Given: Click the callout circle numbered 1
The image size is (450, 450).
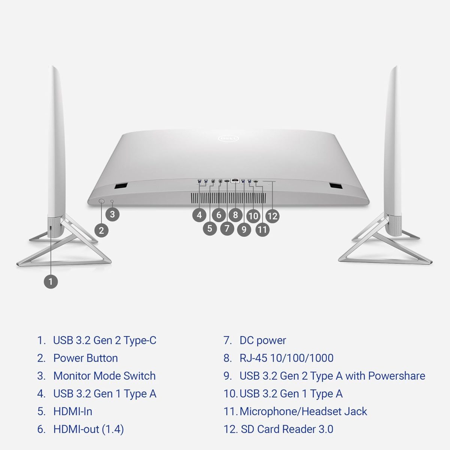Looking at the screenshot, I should click(51, 281).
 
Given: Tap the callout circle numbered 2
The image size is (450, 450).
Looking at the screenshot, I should click(101, 230).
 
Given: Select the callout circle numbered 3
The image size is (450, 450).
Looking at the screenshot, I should click(112, 214).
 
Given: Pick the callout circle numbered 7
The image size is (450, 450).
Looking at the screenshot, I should click(227, 228).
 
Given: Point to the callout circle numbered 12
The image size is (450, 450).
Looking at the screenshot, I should click(272, 216).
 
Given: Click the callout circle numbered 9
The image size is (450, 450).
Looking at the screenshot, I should click(244, 229).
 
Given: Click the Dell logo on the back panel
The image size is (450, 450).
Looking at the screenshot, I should click(228, 139).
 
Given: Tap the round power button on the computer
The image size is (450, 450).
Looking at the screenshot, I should click(102, 201).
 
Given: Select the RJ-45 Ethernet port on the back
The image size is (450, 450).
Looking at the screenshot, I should click(235, 181).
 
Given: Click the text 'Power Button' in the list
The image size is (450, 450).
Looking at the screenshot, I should click(85, 358).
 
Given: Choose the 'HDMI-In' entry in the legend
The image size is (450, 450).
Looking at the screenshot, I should click(73, 411).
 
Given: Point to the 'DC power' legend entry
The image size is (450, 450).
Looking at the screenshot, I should click(262, 340).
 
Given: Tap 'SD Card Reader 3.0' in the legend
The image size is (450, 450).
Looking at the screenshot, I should click(287, 429).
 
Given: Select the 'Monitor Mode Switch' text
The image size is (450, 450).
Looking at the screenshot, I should click(104, 376).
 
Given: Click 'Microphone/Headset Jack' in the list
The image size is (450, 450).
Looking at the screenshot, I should click(303, 411).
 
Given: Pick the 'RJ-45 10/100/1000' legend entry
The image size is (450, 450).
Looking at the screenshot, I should click(286, 358).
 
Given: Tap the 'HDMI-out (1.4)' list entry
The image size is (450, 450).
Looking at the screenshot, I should click(88, 429).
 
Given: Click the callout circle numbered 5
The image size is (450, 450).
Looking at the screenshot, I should click(210, 228).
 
